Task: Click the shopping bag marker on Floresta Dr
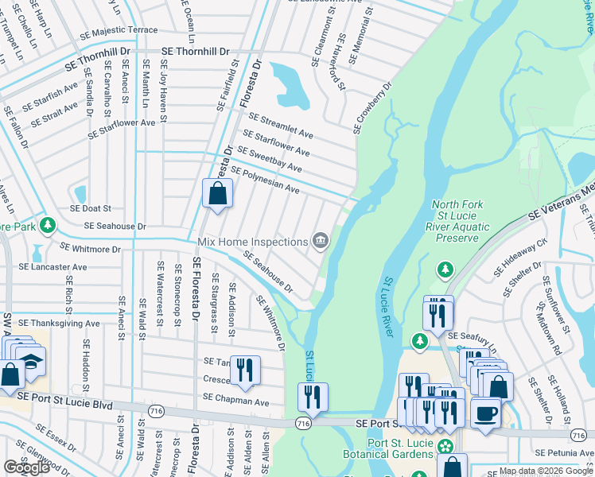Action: tap(217, 194)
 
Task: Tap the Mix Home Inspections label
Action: tap(252, 241)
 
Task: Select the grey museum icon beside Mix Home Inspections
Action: tap(320, 240)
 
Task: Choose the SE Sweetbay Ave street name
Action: tap(270, 160)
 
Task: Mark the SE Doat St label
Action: tap(90, 207)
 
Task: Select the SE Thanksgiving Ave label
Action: tap(59, 324)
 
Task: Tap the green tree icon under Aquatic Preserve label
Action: tap(445, 271)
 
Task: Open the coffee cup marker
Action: tap(485, 414)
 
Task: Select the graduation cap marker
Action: tap(31, 360)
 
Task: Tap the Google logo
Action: tap(26, 467)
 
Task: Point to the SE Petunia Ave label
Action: tap(564, 452)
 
